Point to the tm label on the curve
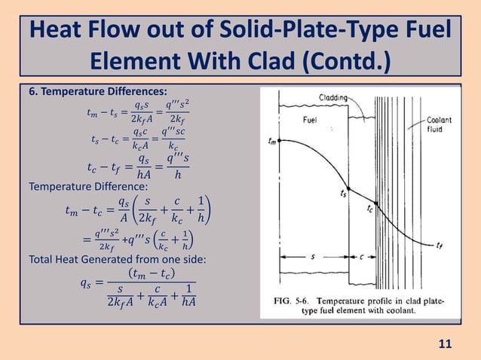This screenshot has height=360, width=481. coord(271,140)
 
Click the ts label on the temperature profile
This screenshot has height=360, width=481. coord(343,194)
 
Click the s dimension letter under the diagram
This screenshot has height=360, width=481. coord(314,256)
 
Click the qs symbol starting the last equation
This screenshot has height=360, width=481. coord(88,283)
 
